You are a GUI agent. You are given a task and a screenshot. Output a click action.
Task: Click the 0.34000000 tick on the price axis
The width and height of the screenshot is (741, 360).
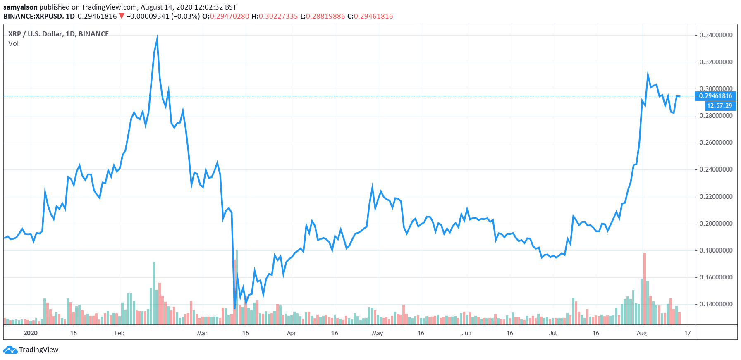[716, 35]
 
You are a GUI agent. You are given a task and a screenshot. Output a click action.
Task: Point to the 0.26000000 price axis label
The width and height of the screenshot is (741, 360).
[716, 143]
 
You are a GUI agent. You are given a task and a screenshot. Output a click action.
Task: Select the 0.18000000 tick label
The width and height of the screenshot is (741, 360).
[716, 250]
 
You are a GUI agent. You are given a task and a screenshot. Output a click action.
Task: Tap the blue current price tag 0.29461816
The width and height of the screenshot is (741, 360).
[715, 96]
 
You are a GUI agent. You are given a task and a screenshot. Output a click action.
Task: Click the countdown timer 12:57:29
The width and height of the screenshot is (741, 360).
[719, 106]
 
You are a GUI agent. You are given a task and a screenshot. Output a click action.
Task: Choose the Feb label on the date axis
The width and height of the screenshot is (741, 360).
[119, 333]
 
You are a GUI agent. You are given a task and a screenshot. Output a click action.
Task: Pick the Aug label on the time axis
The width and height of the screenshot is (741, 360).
[641, 333]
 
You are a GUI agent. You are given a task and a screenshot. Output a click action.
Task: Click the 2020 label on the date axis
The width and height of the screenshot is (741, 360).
[31, 333]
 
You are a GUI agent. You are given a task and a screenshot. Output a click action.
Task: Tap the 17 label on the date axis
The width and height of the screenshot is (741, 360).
[688, 333]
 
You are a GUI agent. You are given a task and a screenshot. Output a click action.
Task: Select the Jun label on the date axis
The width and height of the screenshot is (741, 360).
[466, 333]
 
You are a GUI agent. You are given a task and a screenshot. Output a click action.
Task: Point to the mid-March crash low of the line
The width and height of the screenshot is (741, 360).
[235, 308]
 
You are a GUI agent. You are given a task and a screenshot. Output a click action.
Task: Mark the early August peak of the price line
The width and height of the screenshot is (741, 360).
[648, 74]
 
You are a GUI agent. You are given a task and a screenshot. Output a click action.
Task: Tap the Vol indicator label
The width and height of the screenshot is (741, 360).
[13, 44]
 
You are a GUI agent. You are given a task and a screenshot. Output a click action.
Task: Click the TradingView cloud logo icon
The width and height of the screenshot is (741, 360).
[10, 350]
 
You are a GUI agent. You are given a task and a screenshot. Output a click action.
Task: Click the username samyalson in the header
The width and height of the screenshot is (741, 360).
[20, 7]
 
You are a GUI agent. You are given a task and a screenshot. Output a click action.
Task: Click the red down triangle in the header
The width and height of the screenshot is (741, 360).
[122, 16]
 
